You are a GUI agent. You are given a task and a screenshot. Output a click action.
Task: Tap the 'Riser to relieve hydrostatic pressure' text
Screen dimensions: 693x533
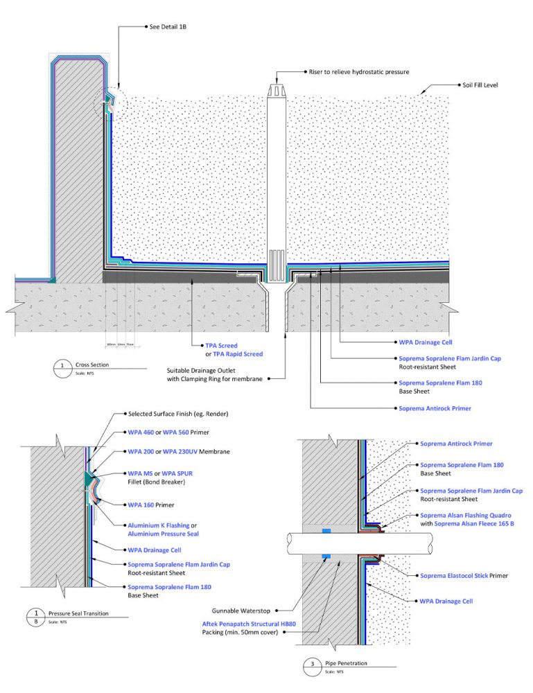(x=359, y=71)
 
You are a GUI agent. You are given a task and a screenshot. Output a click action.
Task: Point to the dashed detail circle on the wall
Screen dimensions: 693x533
(x=106, y=103)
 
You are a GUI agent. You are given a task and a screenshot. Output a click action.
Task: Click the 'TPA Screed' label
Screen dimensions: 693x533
(x=220, y=344)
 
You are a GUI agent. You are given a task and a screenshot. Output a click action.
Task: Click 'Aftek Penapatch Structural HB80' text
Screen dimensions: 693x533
(x=248, y=624)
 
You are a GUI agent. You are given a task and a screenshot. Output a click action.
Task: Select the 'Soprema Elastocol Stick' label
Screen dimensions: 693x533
(x=454, y=576)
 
